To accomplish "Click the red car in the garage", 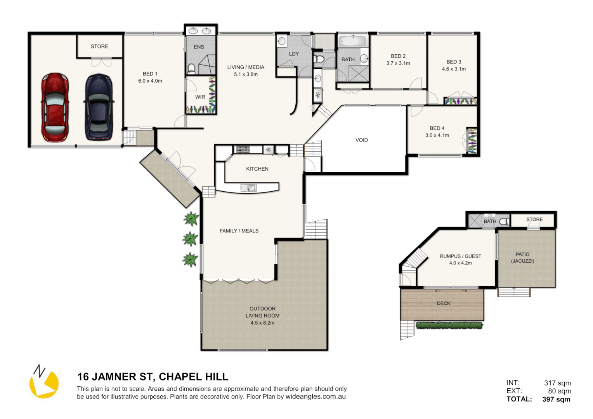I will click(55, 107).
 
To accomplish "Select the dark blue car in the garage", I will click(99, 107).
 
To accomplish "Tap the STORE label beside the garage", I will click(99, 47).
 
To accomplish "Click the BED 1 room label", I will click(150, 74).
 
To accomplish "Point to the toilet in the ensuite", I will click(191, 69).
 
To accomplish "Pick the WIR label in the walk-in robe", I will click(200, 97).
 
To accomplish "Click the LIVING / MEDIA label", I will click(246, 67).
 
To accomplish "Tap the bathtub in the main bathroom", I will click(352, 41).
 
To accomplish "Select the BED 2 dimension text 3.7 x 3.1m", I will click(398, 63).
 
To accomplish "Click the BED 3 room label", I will click(454, 62).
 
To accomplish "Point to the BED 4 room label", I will click(437, 128).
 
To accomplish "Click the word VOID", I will click(361, 140).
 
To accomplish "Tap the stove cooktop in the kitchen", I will click(243, 149).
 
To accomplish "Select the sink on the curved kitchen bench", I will click(248, 188).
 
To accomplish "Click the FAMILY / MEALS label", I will click(239, 231).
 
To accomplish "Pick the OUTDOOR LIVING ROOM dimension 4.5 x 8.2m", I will click(262, 323).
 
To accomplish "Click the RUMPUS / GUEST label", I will click(460, 256).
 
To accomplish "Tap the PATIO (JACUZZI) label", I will click(522, 258).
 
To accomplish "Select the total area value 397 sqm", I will click(556, 399).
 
